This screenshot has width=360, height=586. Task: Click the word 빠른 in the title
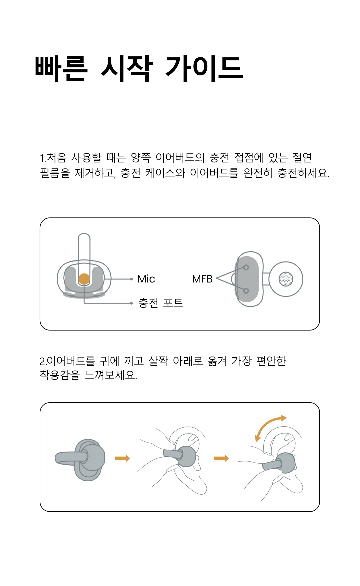pos(61,69)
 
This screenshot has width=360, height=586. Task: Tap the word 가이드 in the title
pos(204,69)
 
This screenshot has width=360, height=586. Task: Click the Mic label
pos(146,279)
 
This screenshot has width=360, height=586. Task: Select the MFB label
pos(202,279)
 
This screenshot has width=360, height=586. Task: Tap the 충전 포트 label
pos(161,303)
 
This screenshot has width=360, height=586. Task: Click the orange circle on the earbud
pos(84,279)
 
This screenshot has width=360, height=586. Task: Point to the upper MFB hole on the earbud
pos(246,267)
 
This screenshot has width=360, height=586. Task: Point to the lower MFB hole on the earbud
pos(246,291)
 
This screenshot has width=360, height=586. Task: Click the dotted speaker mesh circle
pos(286,279)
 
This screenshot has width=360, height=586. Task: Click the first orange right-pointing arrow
pos(122,459)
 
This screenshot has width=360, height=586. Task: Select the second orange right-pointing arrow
pos(221,459)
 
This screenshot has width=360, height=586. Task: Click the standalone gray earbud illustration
pos(87,460)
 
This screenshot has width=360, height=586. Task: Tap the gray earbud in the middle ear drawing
pos(186,456)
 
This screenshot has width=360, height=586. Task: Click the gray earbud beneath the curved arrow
pos(285,463)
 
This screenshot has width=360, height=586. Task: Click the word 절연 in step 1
pos(302,157)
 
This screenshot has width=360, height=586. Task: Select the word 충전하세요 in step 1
pos(303,173)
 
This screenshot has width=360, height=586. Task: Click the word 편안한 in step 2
pos(271,361)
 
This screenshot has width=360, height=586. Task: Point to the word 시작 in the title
pos(127,69)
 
